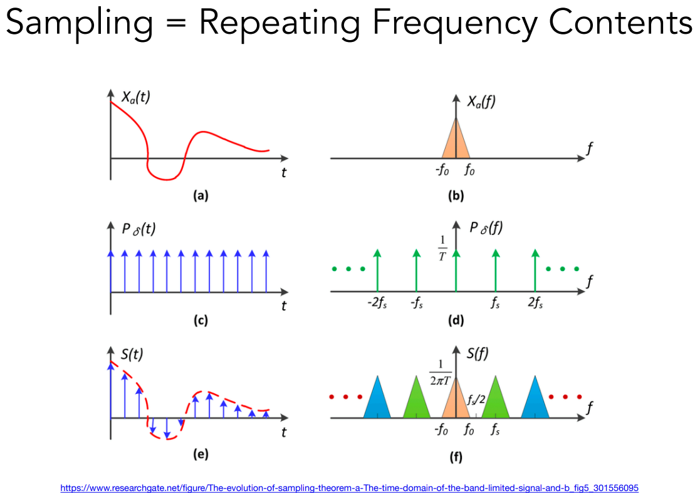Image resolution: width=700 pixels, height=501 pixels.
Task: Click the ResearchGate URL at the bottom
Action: (349, 487)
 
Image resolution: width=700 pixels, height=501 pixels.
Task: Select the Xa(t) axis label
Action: (135, 97)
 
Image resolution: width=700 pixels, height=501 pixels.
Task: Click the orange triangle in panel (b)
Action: (456, 143)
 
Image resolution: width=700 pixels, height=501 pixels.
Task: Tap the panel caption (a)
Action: (201, 196)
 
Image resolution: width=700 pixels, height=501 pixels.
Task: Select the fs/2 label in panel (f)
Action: (476, 398)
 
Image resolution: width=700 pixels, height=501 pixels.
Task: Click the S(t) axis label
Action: (132, 354)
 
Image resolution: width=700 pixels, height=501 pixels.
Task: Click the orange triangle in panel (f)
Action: (456, 401)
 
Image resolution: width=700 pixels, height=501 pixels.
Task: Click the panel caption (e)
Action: (201, 454)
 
